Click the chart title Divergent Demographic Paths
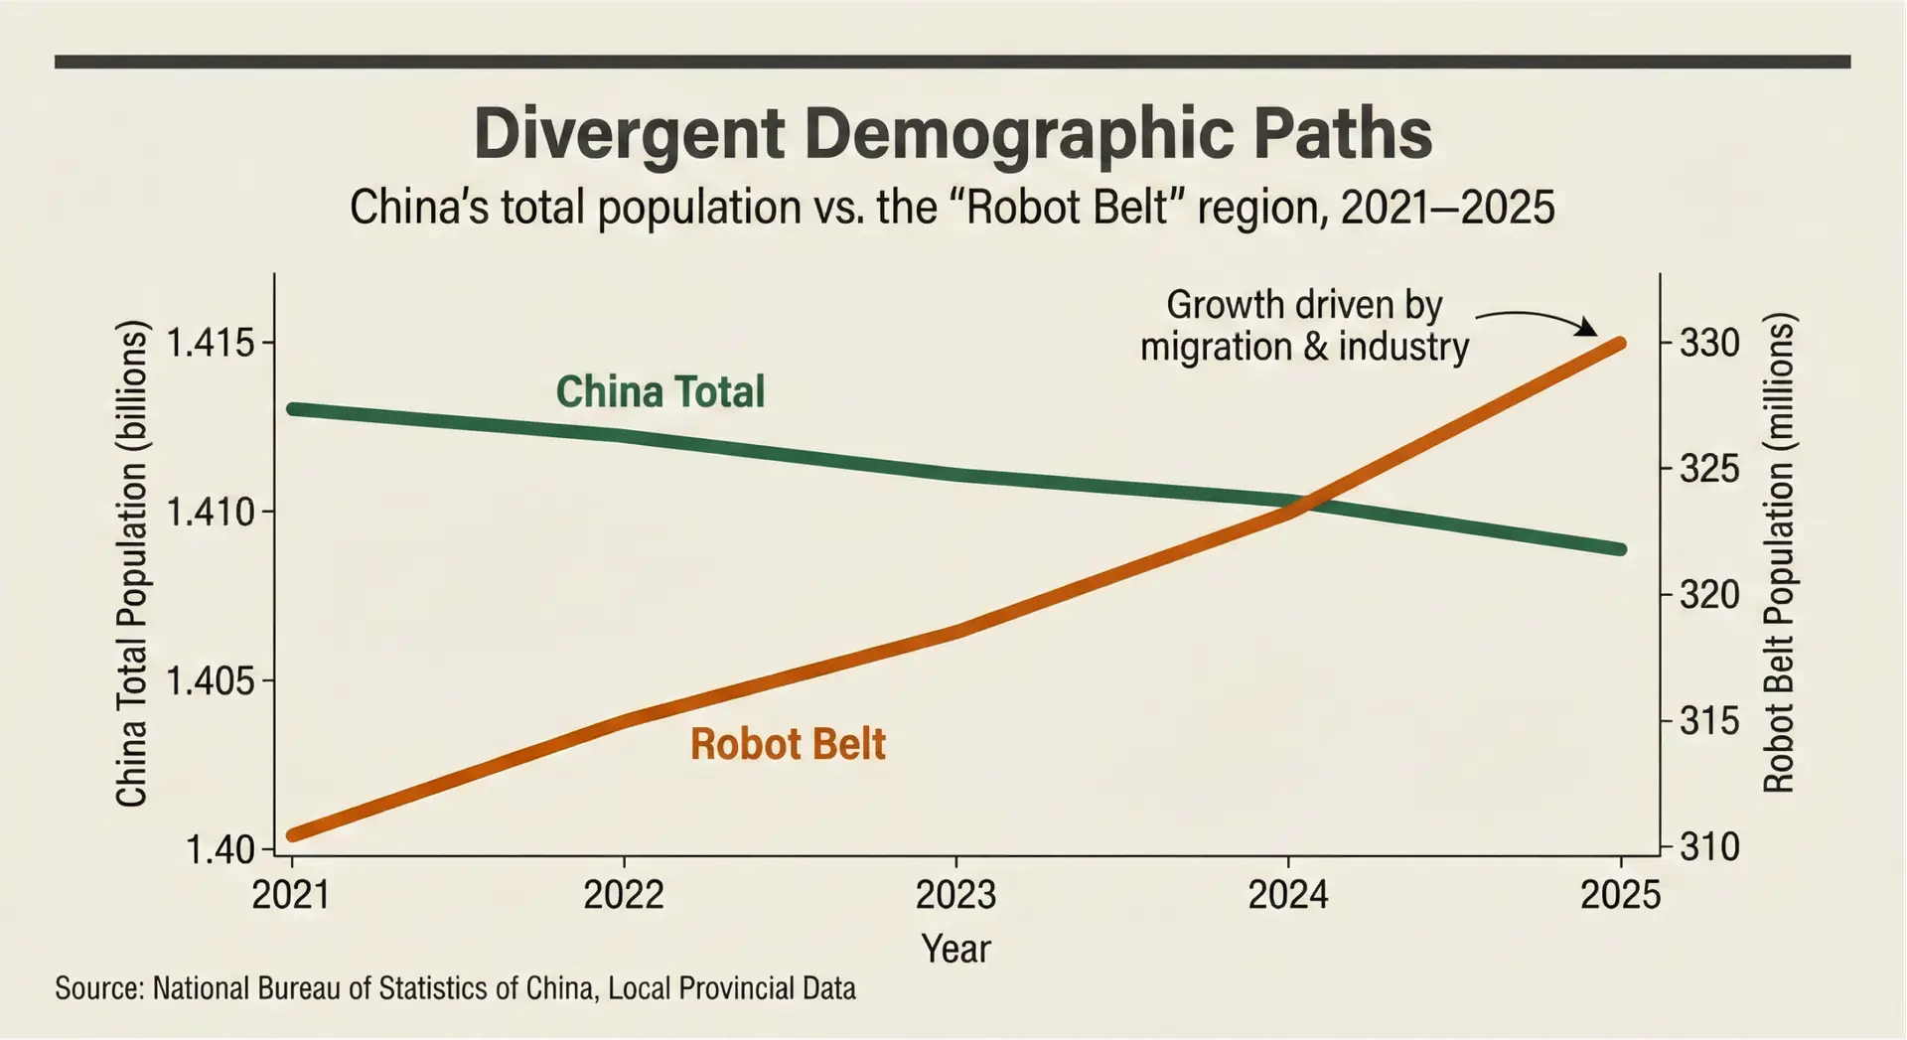coord(953,134)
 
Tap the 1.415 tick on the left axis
coord(210,344)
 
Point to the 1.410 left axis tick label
coord(210,513)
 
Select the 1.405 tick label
coord(210,682)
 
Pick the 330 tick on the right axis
coord(1709,344)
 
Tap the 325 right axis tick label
coord(1709,469)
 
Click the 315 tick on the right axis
coord(1709,721)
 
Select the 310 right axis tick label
coord(1709,847)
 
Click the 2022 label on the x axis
coord(623,896)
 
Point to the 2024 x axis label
coord(1287,896)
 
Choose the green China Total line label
coord(660,391)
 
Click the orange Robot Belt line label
coord(788,744)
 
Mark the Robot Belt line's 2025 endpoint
coord(1620,344)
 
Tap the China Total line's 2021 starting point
coord(293,408)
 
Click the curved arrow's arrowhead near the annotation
coord(1589,330)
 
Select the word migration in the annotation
coord(1216,348)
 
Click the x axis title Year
coord(955,949)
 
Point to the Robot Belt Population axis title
coord(1778,553)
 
